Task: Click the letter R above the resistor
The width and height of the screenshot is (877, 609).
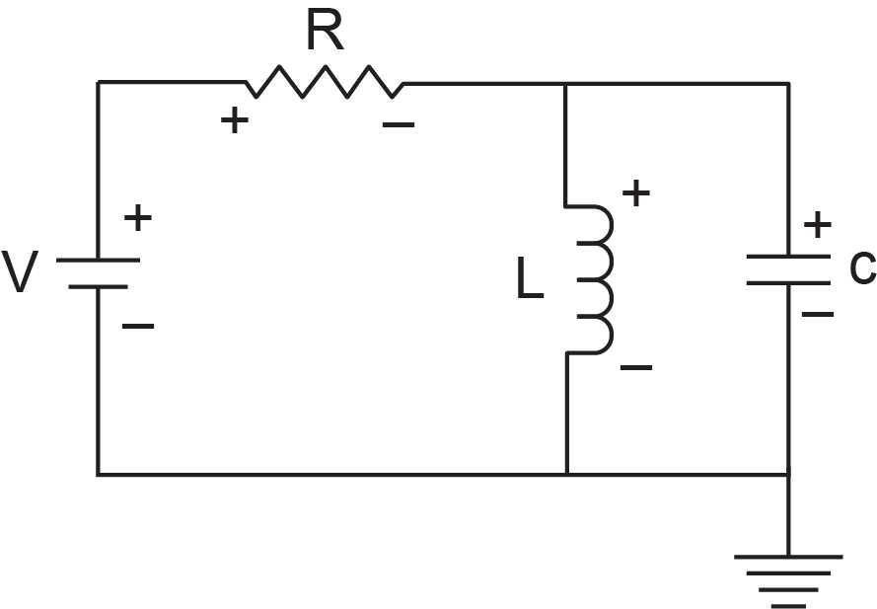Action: [x=325, y=32]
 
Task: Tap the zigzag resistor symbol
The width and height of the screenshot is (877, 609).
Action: [x=325, y=82]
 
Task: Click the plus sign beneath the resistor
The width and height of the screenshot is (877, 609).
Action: [x=235, y=120]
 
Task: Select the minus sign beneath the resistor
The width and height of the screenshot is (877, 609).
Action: [x=399, y=124]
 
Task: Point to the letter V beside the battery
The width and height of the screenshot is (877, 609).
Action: [x=20, y=271]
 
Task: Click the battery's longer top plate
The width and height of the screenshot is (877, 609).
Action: [x=98, y=261]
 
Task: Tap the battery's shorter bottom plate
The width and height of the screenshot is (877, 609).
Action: [x=98, y=286]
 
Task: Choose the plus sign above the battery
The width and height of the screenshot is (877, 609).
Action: [x=137, y=218]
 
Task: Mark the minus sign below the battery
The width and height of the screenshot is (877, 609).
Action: [x=137, y=326]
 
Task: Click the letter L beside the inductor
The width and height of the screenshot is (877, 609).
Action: [x=529, y=277]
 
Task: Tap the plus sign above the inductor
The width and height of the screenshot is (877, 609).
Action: [x=636, y=193]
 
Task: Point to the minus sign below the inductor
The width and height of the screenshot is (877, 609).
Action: [x=636, y=368]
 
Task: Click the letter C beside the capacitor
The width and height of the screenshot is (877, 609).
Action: [x=862, y=267]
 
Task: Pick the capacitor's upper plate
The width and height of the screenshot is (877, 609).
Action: [x=788, y=257]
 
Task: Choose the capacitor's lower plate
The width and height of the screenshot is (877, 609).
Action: [x=788, y=283]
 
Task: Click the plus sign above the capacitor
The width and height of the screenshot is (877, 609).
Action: [x=818, y=224]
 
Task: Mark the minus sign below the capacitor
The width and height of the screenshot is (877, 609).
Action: [x=818, y=315]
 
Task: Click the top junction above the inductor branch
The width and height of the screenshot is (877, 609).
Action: [x=565, y=84]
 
